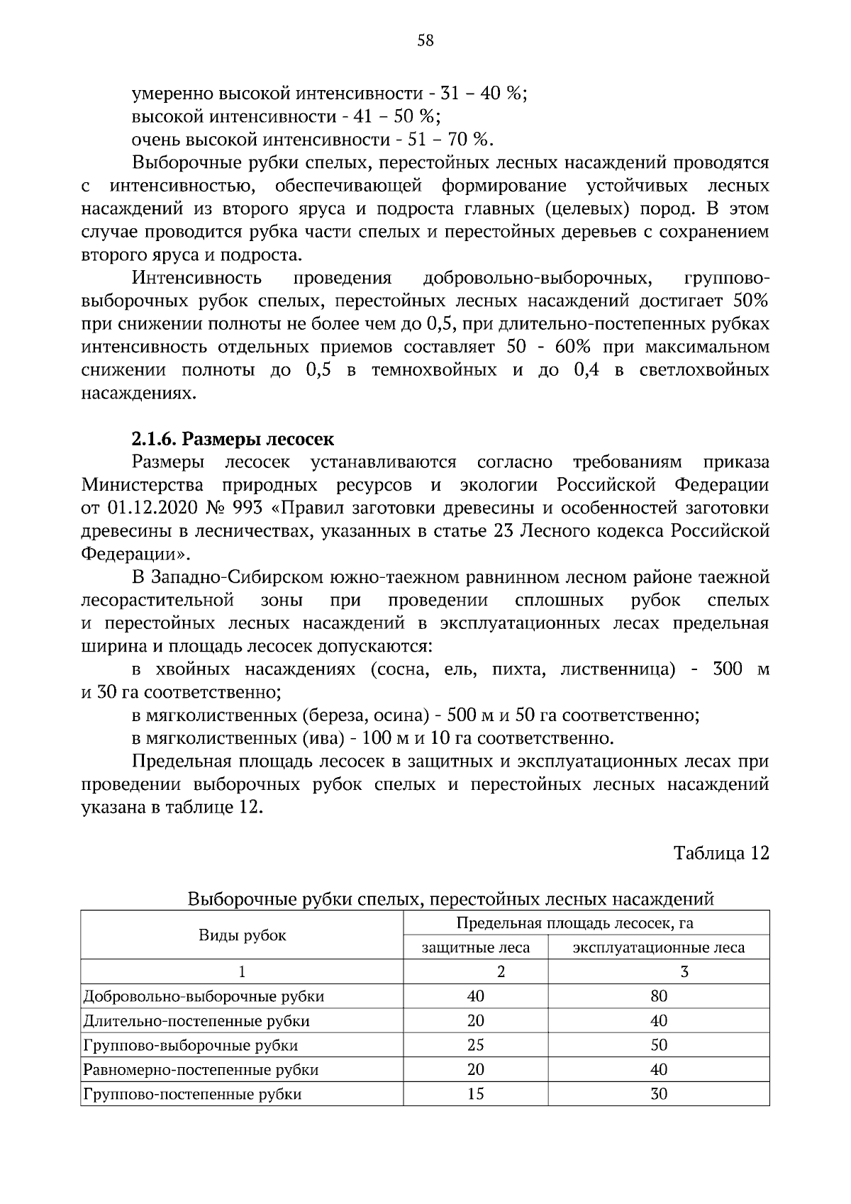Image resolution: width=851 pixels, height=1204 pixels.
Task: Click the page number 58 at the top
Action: (425, 40)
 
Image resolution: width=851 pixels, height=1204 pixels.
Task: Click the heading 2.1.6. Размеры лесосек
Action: (233, 439)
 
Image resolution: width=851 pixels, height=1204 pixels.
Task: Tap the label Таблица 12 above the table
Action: (721, 852)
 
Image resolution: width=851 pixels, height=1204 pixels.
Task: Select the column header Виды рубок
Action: (242, 935)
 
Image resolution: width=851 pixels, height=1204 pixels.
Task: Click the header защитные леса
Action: (476, 947)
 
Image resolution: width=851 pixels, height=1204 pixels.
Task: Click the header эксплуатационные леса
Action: (658, 947)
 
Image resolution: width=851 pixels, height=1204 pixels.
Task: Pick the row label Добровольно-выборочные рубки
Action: (204, 996)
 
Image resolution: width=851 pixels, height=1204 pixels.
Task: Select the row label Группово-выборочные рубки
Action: (190, 1045)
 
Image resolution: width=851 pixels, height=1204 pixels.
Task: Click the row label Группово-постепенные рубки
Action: (192, 1094)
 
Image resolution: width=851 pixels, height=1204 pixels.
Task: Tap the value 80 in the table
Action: (659, 996)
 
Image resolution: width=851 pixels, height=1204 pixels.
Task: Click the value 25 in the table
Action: (476, 1045)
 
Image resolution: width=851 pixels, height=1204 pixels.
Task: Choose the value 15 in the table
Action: (476, 1094)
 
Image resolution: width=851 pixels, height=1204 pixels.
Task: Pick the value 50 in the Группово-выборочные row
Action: (659, 1045)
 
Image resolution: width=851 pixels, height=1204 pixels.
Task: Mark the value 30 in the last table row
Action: (659, 1094)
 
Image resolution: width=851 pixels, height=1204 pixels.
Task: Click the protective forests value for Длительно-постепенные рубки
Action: (476, 1021)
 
